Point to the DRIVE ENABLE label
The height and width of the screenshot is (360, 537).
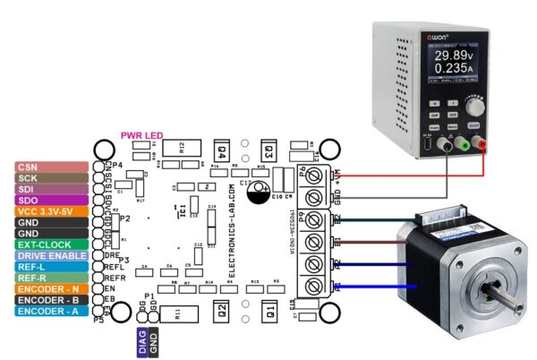tap(50, 255)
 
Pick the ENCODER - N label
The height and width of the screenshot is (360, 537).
tap(50, 288)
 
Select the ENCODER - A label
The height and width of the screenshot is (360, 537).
tap(50, 311)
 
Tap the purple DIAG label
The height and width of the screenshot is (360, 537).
tap(144, 340)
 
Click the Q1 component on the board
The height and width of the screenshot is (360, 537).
tap(267, 311)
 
